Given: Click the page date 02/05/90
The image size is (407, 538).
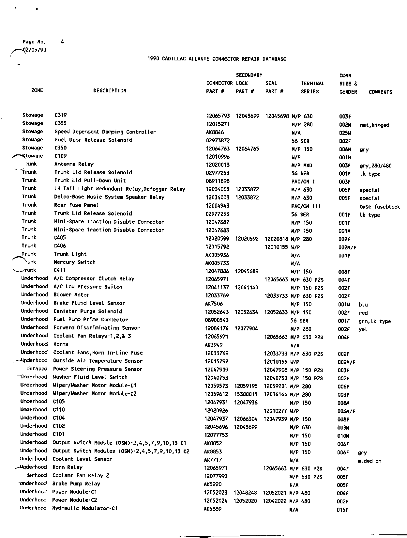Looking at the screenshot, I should pyautogui.click(x=34, y=50).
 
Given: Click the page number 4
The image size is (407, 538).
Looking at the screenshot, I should pyautogui.click(x=62, y=42).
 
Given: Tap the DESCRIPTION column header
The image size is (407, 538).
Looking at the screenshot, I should pyautogui.click(x=110, y=91).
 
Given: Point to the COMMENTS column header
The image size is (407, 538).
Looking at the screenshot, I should pyautogui.click(x=380, y=92).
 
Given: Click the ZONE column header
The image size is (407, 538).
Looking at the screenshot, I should pyautogui.click(x=37, y=90).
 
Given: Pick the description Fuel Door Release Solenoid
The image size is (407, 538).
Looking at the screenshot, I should pyautogui.click(x=93, y=140).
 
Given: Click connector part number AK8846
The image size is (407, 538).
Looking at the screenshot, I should pyautogui.click(x=215, y=133).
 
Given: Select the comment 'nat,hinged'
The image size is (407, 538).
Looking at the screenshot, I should pyautogui.click(x=374, y=125).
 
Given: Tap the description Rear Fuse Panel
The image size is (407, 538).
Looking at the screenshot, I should pyautogui.click(x=76, y=205).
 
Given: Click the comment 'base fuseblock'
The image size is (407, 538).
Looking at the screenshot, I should pyautogui.click(x=379, y=207).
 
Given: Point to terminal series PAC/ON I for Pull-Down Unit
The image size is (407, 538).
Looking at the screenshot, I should pyautogui.click(x=303, y=182).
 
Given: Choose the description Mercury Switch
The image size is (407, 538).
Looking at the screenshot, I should pyautogui.click(x=75, y=262).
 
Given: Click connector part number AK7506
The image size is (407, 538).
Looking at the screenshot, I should pyautogui.click(x=214, y=304).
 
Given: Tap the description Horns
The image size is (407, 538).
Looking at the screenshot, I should pyautogui.click(x=61, y=344).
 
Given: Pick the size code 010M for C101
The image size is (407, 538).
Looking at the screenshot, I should pyautogui.click(x=343, y=436).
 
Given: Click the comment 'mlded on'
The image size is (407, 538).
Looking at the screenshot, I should pyautogui.click(x=369, y=461).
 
